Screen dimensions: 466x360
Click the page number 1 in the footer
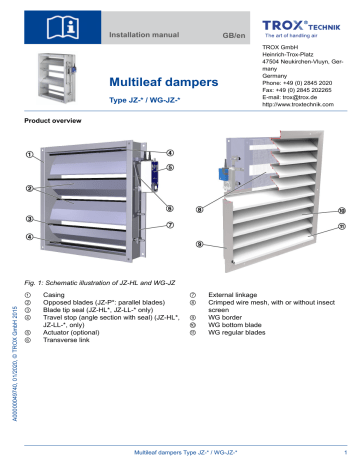[x=343, y=457]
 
